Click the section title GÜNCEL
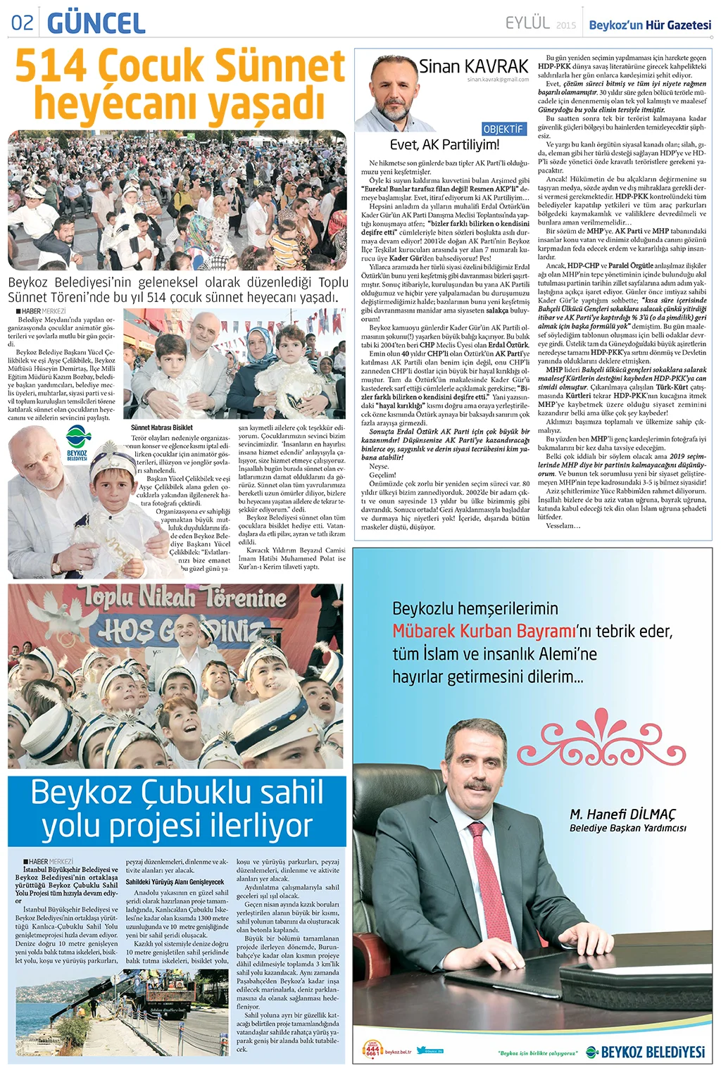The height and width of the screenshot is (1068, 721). (96, 23)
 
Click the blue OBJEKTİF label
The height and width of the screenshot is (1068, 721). (503, 129)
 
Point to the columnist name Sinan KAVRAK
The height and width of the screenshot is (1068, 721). (473, 66)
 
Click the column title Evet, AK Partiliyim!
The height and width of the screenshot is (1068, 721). (444, 145)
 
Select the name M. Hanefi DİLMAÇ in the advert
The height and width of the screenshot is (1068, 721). (622, 814)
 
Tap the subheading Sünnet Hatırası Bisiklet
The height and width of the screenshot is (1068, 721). (161, 427)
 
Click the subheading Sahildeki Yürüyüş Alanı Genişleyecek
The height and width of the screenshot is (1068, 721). (175, 881)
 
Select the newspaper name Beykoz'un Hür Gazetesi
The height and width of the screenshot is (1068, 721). (650, 25)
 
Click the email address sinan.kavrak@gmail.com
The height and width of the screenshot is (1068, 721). (497, 80)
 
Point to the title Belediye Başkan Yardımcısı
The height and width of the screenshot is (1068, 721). (627, 828)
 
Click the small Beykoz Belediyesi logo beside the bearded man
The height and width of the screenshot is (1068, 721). (77, 446)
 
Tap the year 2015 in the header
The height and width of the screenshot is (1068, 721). (565, 25)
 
